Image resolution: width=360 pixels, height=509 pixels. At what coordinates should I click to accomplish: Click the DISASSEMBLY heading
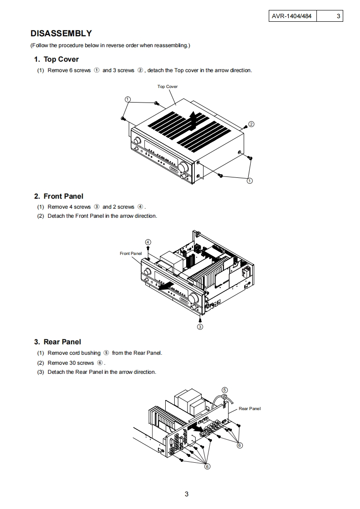click(x=61, y=34)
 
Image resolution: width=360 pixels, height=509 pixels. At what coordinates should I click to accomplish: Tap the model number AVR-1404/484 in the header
click(x=291, y=16)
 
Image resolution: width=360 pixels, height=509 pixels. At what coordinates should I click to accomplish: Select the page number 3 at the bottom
click(x=186, y=494)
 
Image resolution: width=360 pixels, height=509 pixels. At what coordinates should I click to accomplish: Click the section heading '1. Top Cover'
click(x=56, y=59)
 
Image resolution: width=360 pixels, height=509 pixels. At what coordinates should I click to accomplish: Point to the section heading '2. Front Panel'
click(x=59, y=196)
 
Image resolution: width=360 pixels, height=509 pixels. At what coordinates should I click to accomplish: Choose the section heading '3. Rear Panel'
click(x=58, y=342)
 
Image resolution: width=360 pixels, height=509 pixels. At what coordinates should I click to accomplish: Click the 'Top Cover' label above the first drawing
click(x=168, y=87)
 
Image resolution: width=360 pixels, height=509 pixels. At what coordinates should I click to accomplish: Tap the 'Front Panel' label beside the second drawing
click(x=131, y=254)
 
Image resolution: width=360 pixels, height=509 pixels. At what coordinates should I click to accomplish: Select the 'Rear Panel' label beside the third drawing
click(x=250, y=409)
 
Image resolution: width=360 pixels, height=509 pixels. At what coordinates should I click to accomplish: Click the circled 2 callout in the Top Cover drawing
click(x=252, y=124)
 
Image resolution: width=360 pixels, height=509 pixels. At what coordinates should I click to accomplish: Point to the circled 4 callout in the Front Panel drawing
click(x=148, y=242)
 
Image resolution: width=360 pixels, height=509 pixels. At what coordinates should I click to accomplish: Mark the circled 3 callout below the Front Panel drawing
click(x=200, y=326)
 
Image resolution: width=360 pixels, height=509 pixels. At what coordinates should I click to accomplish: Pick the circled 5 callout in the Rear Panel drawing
click(x=224, y=390)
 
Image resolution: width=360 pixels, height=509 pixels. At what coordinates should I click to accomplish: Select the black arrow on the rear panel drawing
click(x=197, y=427)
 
